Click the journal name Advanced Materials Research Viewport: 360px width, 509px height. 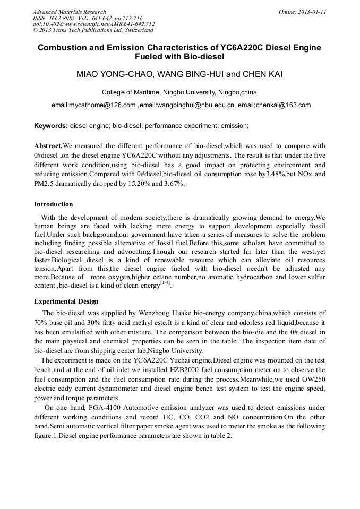[x=69, y=12]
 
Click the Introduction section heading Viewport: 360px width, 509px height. [x=54, y=204]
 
